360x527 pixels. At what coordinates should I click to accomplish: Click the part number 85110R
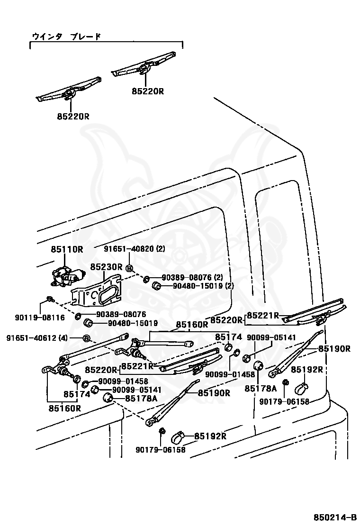[67, 249]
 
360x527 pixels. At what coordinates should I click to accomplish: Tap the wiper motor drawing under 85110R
[68, 276]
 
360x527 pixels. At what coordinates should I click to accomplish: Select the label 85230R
[107, 267]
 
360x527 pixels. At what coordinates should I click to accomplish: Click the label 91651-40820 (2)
[135, 249]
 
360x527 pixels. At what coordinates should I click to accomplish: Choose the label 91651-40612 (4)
[37, 338]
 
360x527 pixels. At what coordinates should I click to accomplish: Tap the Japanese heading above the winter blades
[66, 36]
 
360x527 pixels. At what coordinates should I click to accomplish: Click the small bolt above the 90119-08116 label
[49, 300]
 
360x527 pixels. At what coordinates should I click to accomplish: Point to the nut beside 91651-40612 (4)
[87, 338]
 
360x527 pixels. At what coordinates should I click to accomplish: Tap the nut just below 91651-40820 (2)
[130, 269]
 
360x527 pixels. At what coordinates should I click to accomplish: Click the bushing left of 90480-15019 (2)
[155, 285]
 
